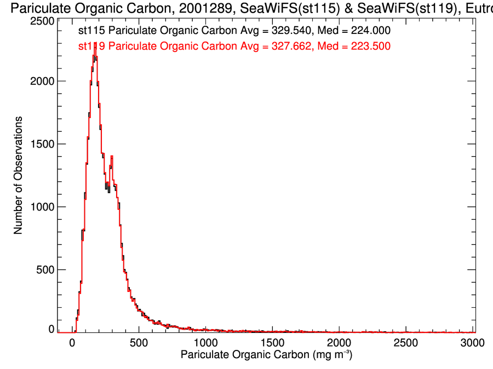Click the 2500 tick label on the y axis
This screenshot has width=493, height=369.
click(x=42, y=21)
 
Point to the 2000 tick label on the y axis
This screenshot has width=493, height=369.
click(x=42, y=81)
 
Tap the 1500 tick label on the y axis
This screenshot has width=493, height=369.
click(x=42, y=144)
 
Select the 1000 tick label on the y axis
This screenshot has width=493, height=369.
click(x=42, y=207)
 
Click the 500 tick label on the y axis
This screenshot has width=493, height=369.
click(x=45, y=270)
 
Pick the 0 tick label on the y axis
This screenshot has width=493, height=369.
click(x=51, y=330)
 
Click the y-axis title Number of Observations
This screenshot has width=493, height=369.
click(x=18, y=175)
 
